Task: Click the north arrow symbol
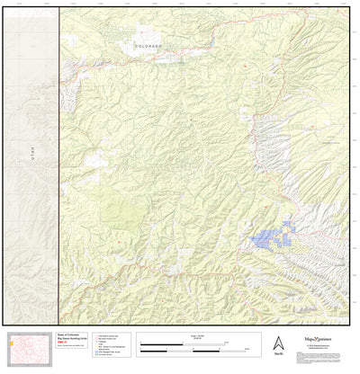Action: click(277, 343)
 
